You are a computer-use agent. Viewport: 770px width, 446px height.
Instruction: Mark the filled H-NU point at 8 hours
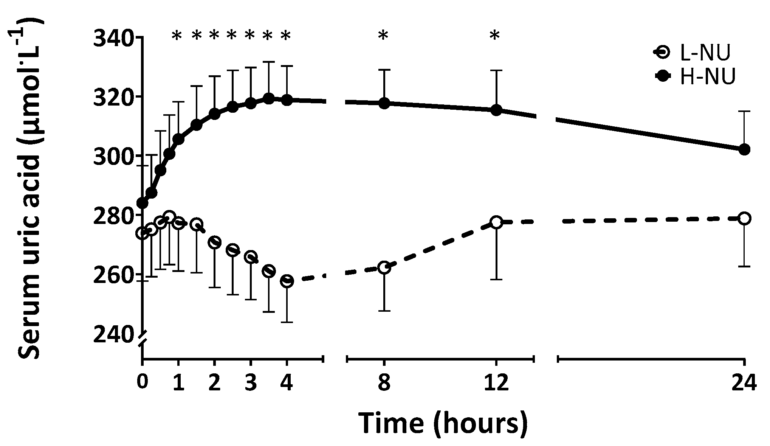tap(384, 103)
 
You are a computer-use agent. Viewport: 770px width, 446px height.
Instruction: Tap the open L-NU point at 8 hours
tap(384, 267)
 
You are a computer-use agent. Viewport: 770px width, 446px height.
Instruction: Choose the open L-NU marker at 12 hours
tap(496, 222)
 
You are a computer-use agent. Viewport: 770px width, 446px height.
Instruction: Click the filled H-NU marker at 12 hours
tap(496, 110)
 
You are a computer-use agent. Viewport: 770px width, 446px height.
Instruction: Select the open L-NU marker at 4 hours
tap(287, 281)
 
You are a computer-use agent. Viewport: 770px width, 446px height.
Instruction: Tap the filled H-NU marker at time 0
tap(142, 203)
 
